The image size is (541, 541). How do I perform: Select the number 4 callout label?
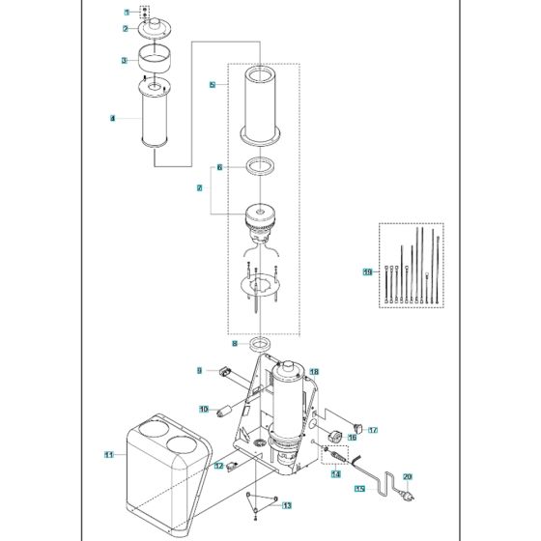tap(112, 119)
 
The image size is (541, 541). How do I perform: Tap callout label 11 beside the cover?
tap(109, 453)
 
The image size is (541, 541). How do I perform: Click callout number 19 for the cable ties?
tap(367, 272)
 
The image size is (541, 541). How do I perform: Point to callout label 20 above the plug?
tap(407, 476)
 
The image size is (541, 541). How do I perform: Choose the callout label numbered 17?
tap(373, 430)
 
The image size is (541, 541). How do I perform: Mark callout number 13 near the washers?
tap(286, 505)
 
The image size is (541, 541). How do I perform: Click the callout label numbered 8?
tap(233, 343)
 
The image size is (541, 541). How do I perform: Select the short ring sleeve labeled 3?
tap(156, 60)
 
